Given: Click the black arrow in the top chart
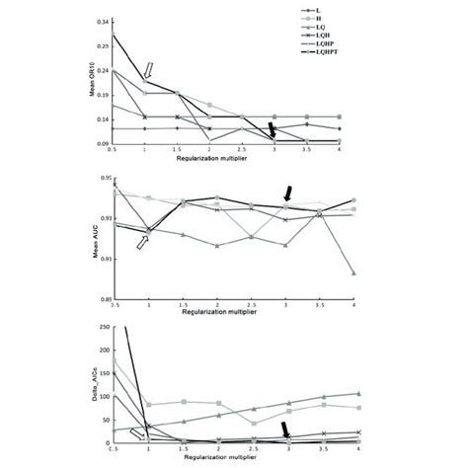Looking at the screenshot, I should (273, 131).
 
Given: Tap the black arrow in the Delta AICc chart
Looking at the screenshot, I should (286, 429).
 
